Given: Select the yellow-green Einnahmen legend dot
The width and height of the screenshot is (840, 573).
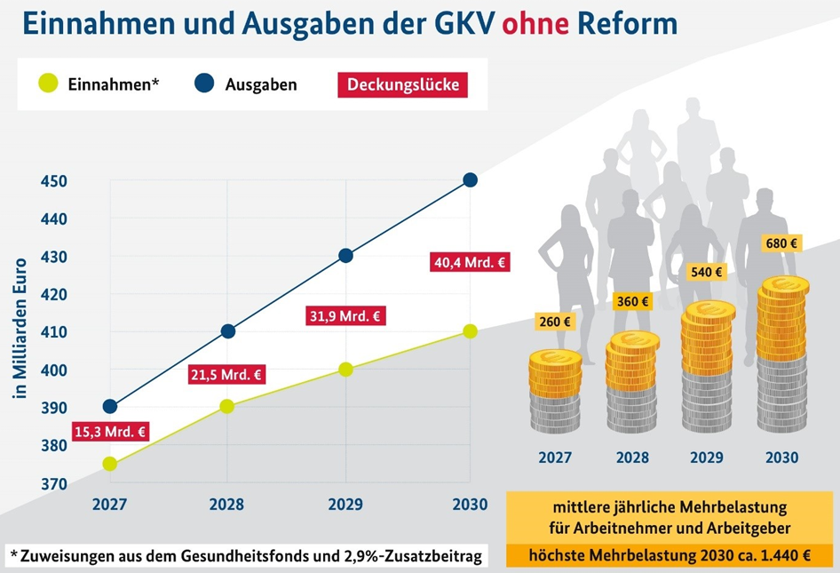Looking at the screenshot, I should tap(48, 84).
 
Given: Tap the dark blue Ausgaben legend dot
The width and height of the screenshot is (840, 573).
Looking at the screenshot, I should tap(204, 84).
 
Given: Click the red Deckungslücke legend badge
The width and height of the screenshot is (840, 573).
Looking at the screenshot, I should tap(402, 84).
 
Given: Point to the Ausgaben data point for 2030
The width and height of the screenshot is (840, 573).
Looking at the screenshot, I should tap(471, 180).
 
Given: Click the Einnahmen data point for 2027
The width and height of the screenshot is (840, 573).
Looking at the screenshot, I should tap(110, 464).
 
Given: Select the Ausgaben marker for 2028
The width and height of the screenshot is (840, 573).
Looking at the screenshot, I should tap(227, 331).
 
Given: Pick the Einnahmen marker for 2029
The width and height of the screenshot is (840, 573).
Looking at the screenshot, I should tap(346, 369).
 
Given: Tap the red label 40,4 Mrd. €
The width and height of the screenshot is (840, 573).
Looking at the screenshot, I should tap(470, 262).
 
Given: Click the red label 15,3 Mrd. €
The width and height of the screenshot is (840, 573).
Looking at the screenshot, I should tap(110, 432).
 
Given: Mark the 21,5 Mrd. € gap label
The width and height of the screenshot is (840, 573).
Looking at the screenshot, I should tap(227, 375).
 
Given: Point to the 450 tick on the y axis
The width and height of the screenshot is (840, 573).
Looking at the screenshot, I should tap(54, 181).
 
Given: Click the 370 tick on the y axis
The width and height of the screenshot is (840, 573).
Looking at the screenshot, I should tap(54, 484).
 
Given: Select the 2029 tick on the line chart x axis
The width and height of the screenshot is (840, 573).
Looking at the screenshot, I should tap(346, 505).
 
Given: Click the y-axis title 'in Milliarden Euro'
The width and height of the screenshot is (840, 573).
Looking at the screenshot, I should tap(20, 329).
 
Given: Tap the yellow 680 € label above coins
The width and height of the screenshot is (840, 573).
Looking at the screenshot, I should tap(781, 243).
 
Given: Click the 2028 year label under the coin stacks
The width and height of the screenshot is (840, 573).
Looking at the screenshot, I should tap(631, 458).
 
